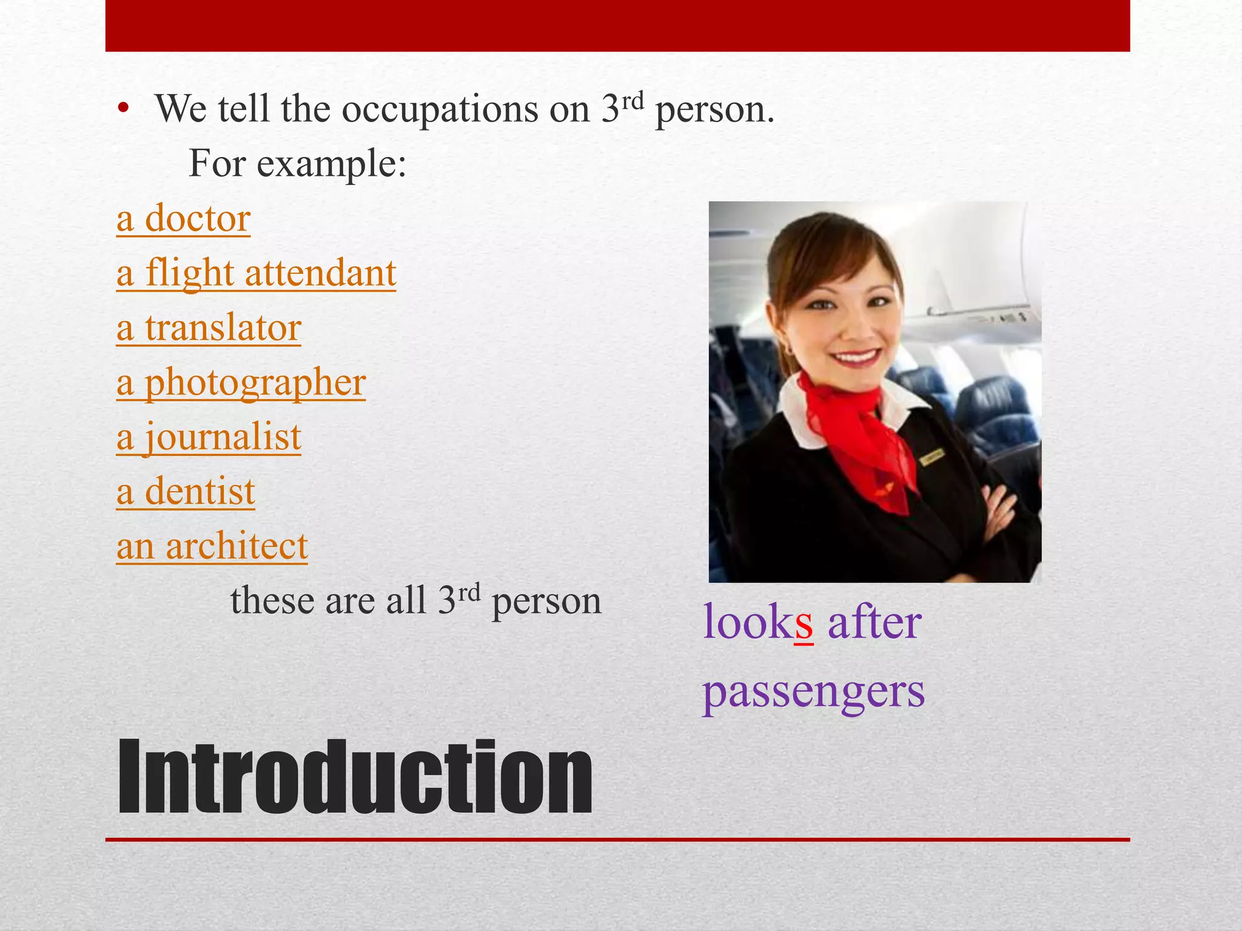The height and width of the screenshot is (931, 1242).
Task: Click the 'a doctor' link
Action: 183,219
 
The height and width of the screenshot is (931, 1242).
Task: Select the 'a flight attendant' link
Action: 256,273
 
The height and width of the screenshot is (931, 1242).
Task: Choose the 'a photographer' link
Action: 241,383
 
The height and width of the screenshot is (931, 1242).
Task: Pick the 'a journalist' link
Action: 209,438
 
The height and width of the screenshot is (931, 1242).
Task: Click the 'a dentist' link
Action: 186,492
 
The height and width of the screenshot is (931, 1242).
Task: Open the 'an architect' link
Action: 212,546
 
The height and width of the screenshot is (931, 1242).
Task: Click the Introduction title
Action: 355,777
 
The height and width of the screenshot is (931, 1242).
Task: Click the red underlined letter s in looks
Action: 804,625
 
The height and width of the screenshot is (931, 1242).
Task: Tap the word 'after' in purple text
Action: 874,623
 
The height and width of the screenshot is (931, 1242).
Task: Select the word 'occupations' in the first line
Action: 440,110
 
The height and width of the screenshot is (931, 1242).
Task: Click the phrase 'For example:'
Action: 297,164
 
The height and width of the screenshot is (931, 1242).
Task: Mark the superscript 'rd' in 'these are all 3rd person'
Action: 469,592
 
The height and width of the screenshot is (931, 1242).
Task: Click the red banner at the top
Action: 617,25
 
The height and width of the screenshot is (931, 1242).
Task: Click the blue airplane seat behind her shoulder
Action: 995,412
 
